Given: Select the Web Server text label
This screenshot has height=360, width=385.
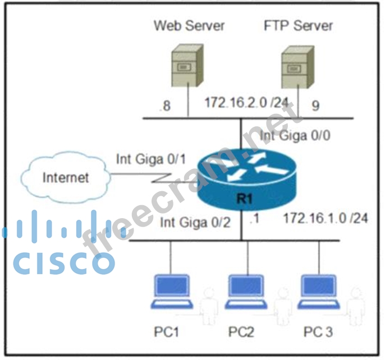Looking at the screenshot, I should pos(189,25).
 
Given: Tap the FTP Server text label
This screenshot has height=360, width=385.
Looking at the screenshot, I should pos(297,25).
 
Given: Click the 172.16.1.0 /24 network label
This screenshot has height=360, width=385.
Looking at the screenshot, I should pos(326,218).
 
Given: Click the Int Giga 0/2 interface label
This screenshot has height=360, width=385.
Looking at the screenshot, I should pos(195,222).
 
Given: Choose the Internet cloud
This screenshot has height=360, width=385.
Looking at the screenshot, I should pos(66,178).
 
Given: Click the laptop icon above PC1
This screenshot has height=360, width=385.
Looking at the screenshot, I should pos(171,292).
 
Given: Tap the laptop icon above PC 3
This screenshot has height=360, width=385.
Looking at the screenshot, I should pos(319,292).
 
